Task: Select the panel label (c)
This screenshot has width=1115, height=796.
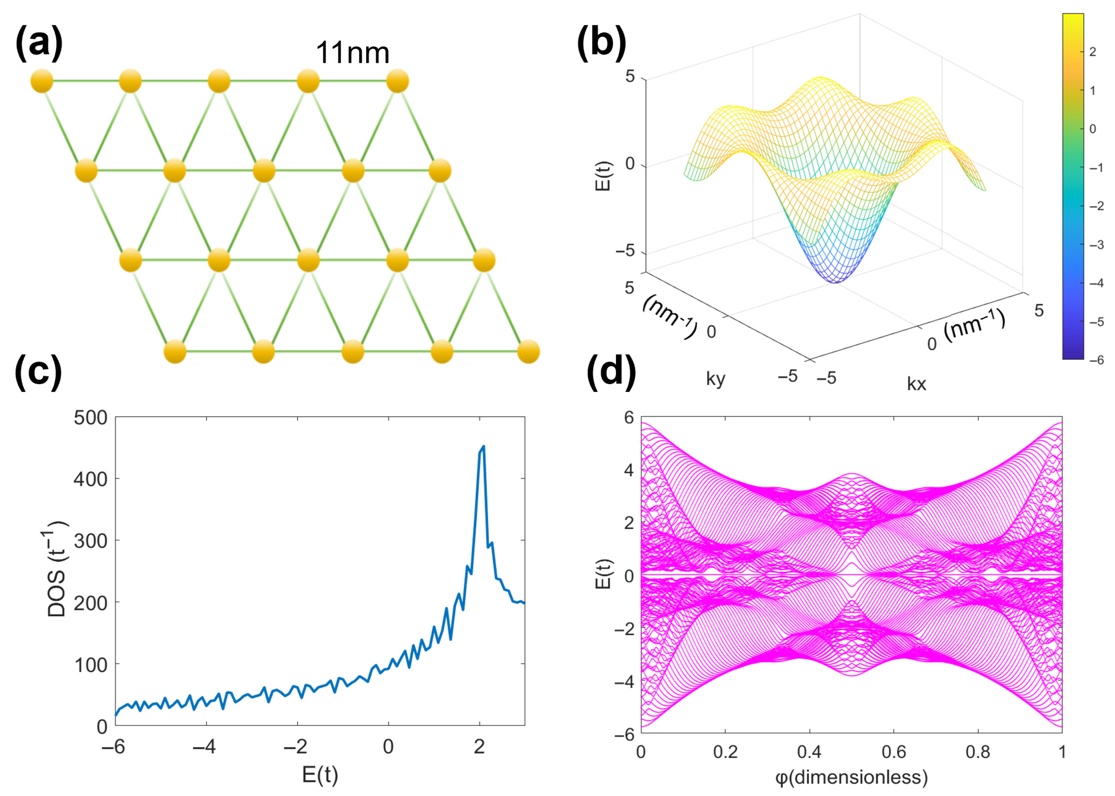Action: point(39,372)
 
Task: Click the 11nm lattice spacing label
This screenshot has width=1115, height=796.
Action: point(352,53)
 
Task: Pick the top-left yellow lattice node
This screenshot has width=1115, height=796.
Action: point(42,81)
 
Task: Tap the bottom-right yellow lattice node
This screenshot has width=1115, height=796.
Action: point(528,351)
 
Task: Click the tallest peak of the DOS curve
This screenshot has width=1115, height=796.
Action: point(483,447)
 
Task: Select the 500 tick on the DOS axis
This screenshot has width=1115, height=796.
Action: point(90,418)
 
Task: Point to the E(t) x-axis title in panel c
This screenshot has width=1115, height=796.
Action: point(320,775)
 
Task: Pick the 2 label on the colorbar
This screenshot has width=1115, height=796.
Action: point(1092,52)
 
